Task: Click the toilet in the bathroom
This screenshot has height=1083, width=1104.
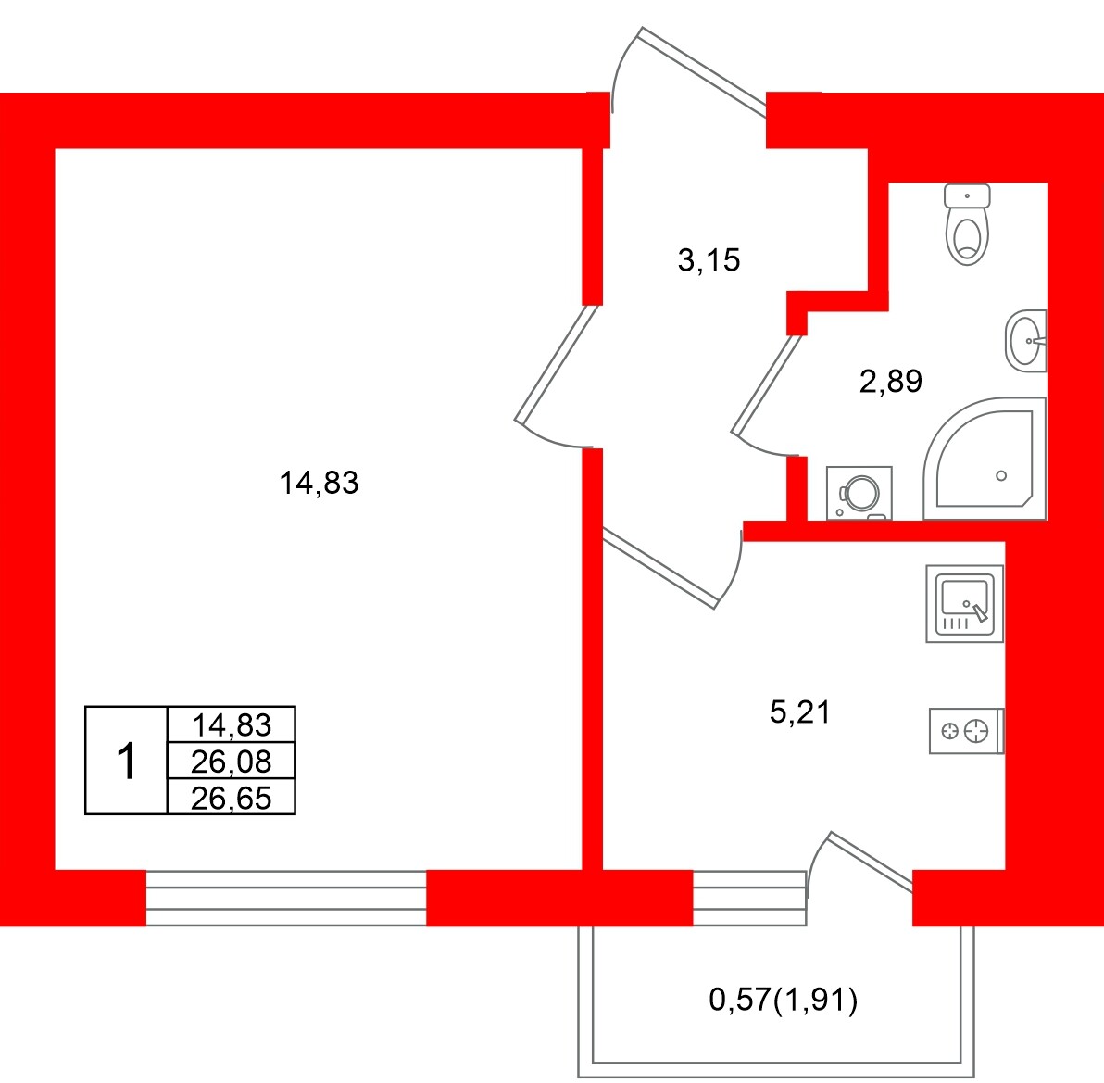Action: click(967, 224)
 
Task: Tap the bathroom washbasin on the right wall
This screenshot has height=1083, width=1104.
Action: click(1026, 341)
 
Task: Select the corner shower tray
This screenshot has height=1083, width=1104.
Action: click(985, 459)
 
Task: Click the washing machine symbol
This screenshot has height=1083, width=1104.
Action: click(859, 493)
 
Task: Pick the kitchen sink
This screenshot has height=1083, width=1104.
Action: click(964, 603)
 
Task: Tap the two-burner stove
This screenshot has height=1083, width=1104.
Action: click(967, 731)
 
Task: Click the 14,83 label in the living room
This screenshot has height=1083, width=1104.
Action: click(319, 483)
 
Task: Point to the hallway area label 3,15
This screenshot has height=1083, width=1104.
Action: click(709, 260)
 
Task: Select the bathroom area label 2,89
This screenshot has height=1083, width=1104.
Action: click(891, 381)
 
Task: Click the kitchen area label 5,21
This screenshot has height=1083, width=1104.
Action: click(800, 712)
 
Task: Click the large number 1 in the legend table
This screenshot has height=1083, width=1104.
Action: click(126, 762)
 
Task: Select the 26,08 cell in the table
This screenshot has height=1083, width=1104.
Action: click(231, 761)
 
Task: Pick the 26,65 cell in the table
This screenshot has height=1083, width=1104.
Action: click(231, 797)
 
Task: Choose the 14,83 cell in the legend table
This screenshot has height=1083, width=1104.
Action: click(231, 724)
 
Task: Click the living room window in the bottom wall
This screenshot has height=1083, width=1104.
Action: click(286, 898)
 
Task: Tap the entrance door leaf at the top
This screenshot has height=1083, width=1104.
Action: click(703, 71)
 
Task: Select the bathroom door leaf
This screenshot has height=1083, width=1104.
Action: click(767, 384)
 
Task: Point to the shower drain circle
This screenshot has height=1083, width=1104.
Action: click(1001, 476)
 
